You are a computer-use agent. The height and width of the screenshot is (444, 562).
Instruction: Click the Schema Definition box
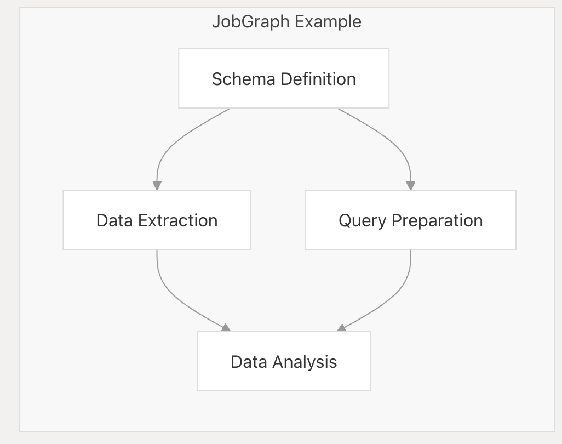284,78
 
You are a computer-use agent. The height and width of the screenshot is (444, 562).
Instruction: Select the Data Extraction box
157,220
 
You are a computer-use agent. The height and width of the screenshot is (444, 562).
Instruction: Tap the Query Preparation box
411,220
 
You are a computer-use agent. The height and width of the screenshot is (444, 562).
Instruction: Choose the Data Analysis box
284,361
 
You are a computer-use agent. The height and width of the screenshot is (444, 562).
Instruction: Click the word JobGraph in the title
250,22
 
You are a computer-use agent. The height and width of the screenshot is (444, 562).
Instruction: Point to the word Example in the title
328,22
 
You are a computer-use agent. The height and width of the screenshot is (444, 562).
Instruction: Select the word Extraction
178,220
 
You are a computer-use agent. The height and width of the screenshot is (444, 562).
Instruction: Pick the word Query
363,221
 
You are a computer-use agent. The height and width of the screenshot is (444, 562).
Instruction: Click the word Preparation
437,221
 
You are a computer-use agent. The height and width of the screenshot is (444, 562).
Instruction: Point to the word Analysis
305,362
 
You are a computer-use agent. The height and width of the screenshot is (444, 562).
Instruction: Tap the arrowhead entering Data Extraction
157,185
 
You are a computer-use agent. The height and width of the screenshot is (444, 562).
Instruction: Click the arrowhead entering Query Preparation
411,185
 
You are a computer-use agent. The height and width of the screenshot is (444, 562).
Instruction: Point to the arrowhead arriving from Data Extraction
226,328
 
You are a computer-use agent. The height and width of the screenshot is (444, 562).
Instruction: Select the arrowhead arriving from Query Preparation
342,328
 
